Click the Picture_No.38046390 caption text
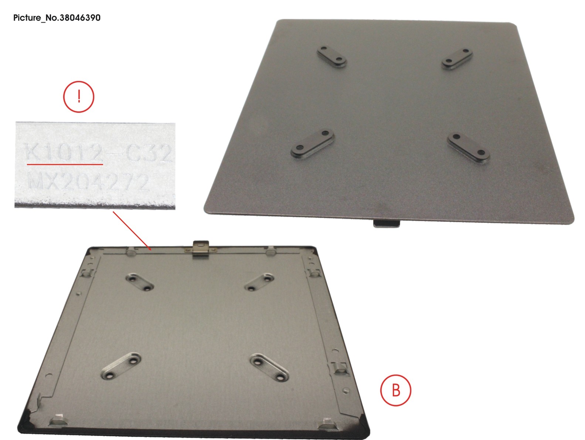click(57, 17)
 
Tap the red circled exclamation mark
click(79, 97)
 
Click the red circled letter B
click(395, 390)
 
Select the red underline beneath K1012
click(65, 163)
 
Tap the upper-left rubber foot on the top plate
click(332, 57)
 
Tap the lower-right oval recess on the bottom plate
click(269, 367)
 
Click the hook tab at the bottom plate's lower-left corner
click(58, 419)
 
